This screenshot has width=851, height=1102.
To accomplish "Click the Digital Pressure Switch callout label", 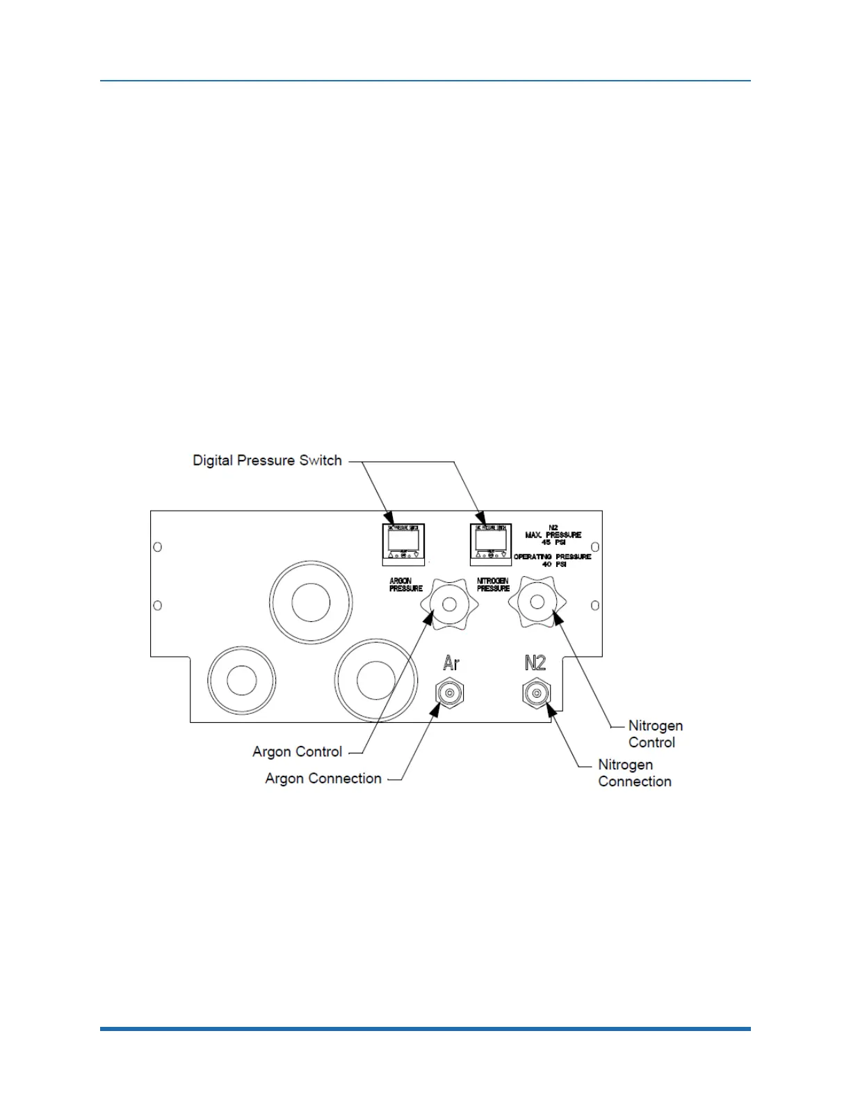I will coord(267,461).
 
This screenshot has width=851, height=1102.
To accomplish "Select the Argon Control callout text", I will coord(297,752).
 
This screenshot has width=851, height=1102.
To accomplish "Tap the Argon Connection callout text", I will coord(323,778).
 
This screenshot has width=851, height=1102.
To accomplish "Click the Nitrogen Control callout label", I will coord(655,734).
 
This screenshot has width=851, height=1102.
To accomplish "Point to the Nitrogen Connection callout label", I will coord(634,773).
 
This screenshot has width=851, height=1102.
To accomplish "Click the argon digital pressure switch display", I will coord(403,541).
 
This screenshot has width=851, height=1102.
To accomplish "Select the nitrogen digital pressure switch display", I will coord(491,541).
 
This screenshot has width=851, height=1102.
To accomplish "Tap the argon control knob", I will coord(449,604).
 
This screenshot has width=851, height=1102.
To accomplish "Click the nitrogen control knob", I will coord(537,602).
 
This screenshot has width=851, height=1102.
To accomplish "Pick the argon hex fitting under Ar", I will coord(449,693).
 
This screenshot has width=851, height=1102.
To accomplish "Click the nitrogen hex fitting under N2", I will coord(536,693).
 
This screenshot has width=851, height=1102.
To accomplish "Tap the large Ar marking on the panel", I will coord(451,663).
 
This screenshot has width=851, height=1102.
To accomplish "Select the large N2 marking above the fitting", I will coord(535,663).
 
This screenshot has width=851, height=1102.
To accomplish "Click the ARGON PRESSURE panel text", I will coord(405,584).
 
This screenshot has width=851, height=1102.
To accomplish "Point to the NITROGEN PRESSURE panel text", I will coord(493,584).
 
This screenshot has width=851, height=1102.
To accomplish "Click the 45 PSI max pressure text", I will coord(553,542).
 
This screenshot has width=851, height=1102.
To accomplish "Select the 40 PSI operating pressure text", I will coord(553,564).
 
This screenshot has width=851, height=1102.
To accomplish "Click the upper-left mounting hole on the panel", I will coord(158,547).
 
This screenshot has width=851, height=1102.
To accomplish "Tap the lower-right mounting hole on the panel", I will coord(595,606).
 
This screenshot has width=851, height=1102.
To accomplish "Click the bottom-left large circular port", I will coord(241,680).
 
